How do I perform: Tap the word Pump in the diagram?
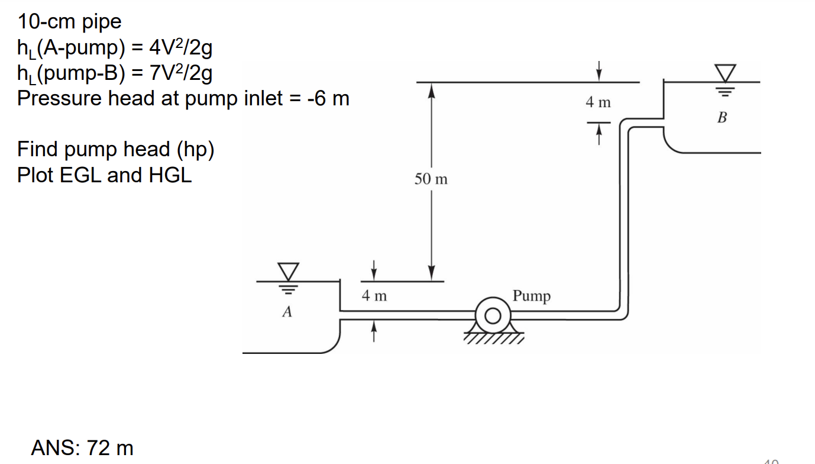pos(531,295)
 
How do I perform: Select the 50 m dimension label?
pos(431,179)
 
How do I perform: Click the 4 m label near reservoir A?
pos(374,295)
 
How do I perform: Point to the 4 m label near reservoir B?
pos(598,102)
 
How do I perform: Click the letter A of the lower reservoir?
pos(287,311)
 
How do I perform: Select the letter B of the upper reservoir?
pos(722,118)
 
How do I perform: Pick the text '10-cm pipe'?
pos(69,22)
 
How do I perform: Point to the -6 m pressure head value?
pos(328,98)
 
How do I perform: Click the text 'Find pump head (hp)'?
pos(115,149)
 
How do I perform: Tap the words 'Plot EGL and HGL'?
pos(105,175)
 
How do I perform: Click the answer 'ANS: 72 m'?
pos(82,447)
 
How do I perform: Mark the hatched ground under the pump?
pos(492,339)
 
